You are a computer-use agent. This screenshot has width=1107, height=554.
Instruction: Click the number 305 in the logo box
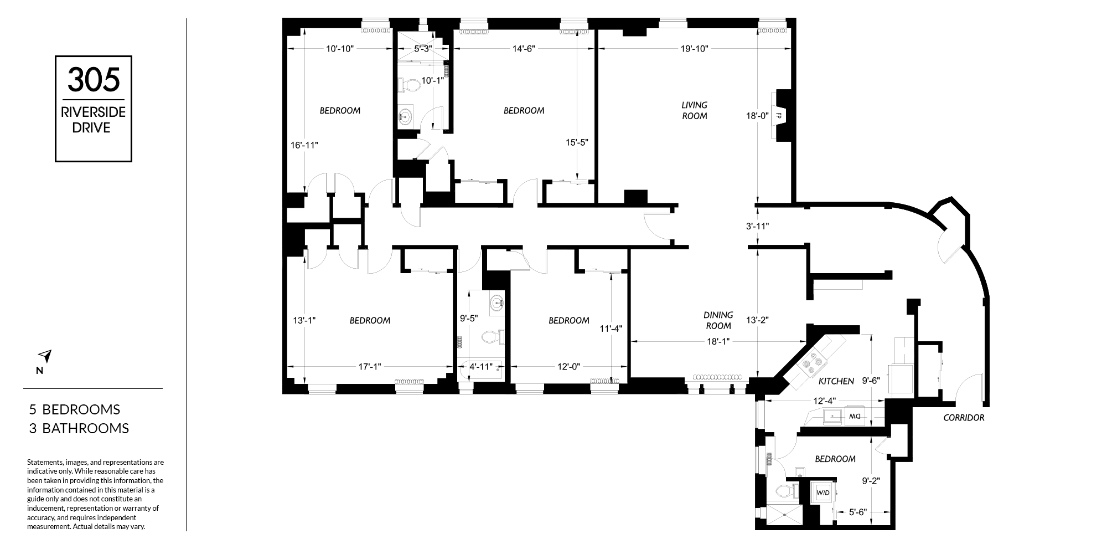[x=94, y=80]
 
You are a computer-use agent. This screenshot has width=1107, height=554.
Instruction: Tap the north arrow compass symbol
[x=45, y=356]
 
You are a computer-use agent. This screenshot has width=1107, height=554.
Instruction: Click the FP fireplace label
[x=778, y=116]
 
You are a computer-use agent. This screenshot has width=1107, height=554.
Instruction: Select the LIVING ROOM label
[x=694, y=110]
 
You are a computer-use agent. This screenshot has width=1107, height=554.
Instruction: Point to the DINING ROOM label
[x=718, y=320]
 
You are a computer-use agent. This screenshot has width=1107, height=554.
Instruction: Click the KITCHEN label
[x=836, y=381]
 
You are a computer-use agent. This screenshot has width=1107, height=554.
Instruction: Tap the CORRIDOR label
[x=964, y=418]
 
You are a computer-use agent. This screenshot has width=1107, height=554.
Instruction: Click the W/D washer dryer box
[x=823, y=493]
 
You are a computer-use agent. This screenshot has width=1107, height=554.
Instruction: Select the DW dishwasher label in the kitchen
[x=855, y=416]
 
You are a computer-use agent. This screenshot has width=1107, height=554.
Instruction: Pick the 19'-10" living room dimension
[x=694, y=49]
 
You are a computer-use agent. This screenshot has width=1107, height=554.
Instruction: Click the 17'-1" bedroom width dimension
[x=370, y=366]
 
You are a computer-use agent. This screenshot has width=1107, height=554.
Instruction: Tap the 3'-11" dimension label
[x=757, y=226]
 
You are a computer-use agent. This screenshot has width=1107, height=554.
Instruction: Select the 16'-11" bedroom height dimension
[x=304, y=145]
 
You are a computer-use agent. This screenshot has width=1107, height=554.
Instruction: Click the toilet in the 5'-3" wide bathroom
[x=408, y=85]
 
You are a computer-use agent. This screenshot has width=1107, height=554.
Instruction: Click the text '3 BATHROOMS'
[x=79, y=428]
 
